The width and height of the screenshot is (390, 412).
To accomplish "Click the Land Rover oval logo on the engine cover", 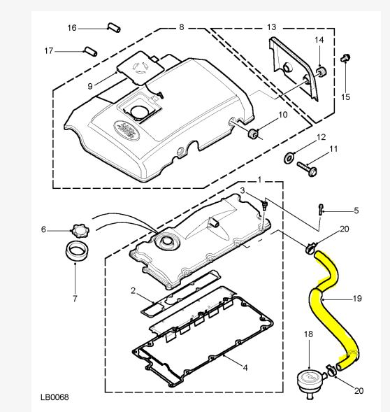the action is tap(127, 130).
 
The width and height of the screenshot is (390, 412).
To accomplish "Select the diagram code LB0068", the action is tap(55, 397).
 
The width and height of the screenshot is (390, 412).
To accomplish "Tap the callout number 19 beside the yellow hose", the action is tap(357, 299).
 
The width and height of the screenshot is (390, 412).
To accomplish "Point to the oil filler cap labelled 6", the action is tap(80, 231).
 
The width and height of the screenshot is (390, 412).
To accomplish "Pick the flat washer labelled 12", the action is tap(289, 158).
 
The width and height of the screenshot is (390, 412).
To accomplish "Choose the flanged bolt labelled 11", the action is tap(308, 169).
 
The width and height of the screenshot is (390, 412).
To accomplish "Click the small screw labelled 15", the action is tap(345, 58).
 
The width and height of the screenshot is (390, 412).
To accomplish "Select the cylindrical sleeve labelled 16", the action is tap(114, 27).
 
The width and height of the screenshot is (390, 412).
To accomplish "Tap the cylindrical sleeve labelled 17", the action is tap(91, 51).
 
